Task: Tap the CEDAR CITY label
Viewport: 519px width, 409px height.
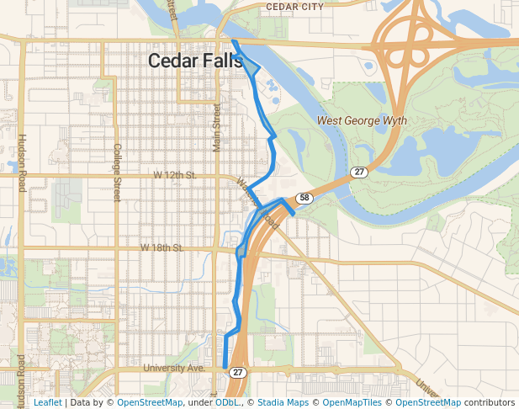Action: click(294, 7)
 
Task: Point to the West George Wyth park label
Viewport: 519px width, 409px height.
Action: click(362, 121)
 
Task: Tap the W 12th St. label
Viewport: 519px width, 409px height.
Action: click(174, 175)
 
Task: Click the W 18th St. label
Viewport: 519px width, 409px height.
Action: click(162, 248)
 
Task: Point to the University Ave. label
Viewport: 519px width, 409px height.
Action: click(174, 368)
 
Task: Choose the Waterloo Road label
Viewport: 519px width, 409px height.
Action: click(257, 203)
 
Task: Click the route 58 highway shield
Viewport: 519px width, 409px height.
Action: click(304, 199)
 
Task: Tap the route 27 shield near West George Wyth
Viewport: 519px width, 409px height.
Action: click(359, 172)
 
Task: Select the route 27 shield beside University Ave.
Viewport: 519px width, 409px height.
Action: click(238, 371)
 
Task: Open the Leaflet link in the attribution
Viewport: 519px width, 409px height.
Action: click(47, 403)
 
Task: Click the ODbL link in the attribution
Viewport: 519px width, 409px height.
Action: click(226, 403)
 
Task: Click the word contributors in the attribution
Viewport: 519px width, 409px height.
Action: click(489, 403)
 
